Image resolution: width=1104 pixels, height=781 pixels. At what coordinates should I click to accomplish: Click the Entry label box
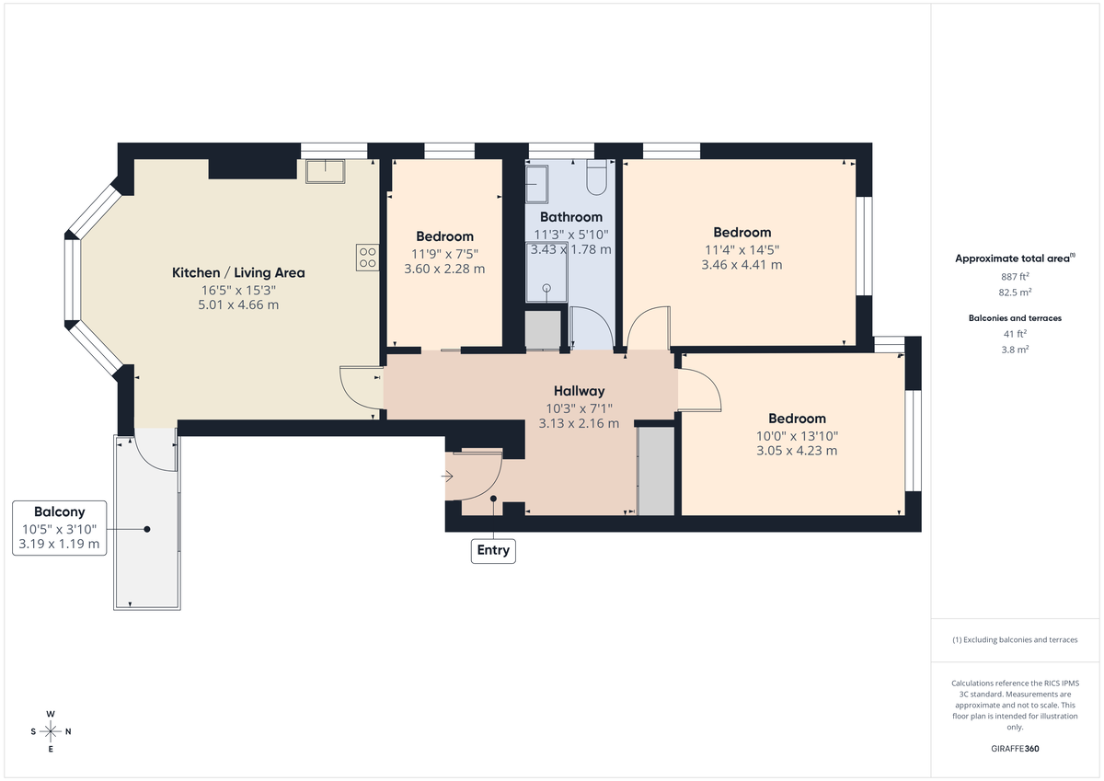coord(492,551)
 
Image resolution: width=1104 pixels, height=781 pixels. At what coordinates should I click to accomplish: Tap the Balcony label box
coord(60,528)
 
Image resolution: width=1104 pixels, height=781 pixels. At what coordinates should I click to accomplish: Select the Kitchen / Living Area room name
coord(238,272)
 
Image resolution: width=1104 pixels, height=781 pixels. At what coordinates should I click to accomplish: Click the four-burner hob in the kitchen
coord(367,258)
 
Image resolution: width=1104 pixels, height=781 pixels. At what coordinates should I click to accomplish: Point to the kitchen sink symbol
coord(325,170)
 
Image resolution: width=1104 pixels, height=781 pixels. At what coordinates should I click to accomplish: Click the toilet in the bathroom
coord(595,178)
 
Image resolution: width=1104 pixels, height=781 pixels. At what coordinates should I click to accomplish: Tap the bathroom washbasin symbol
coord(536,182)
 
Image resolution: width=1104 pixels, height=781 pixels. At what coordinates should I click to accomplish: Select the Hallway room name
coord(579,391)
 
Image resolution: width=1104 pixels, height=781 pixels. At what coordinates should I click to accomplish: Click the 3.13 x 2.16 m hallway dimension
coord(579,424)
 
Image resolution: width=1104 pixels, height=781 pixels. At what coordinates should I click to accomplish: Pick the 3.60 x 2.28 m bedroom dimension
coord(444,270)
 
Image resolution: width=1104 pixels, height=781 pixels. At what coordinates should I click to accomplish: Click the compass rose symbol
coord(51,731)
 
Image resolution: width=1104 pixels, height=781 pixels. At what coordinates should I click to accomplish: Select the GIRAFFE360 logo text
coord(1014,749)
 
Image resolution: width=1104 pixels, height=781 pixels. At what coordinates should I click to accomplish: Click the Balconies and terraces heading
coord(1015,317)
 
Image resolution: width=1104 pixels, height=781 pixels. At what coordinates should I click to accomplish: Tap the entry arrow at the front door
coord(448,477)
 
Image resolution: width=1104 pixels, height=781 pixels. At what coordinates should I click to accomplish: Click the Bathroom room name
coord(570,217)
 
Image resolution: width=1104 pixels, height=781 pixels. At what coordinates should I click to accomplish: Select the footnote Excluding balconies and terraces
coord(1015,639)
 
